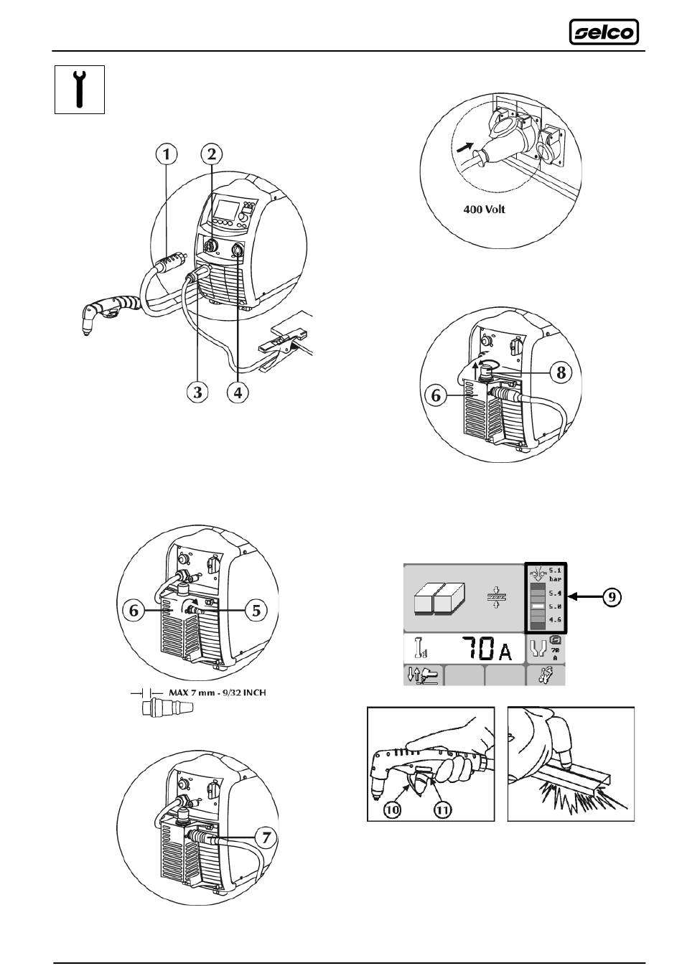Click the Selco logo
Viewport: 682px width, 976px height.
tap(604, 32)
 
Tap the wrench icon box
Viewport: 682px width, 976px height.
tap(80, 89)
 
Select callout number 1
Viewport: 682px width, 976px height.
tap(167, 154)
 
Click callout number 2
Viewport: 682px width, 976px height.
tap(212, 154)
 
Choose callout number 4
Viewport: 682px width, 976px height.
tap(238, 392)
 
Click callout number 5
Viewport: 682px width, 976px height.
tap(255, 611)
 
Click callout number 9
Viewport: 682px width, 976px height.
tap(612, 596)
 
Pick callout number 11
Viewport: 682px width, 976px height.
tap(443, 808)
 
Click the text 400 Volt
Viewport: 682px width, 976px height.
tap(487, 212)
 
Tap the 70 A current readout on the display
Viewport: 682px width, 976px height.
tap(489, 650)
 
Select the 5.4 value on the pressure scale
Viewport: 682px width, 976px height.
tap(554, 593)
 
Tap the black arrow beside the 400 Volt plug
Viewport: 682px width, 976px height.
tap(464, 148)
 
